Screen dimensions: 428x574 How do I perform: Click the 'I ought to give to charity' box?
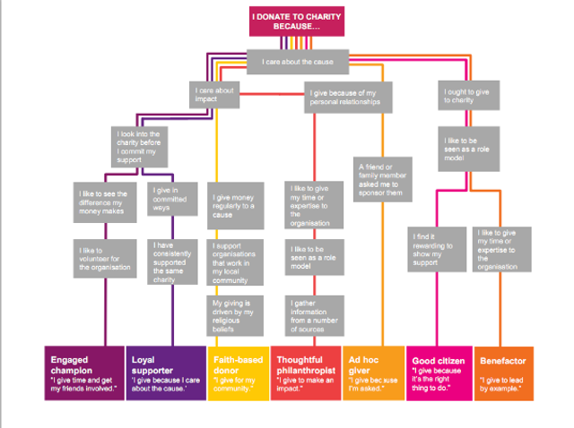(x=463, y=94)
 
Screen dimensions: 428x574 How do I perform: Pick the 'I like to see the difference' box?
(x=102, y=201)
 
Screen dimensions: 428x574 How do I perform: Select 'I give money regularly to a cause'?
(x=236, y=205)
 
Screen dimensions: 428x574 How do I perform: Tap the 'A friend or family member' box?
(x=382, y=180)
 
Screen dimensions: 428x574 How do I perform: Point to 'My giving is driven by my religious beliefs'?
(x=236, y=314)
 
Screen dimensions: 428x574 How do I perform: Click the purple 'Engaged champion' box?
(x=82, y=371)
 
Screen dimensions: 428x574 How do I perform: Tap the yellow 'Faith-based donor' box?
(x=237, y=371)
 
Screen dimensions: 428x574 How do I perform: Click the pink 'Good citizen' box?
(x=439, y=371)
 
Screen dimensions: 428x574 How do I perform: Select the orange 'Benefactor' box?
(x=505, y=371)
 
